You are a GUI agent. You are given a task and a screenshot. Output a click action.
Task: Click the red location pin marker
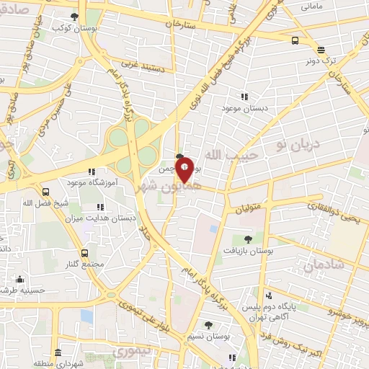tap(184, 169)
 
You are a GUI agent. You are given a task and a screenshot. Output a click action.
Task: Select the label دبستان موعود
tap(244, 107)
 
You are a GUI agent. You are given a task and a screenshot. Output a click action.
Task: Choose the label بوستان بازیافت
tap(248, 249)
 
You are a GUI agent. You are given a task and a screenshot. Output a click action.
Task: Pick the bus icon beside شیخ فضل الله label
tap(46, 192)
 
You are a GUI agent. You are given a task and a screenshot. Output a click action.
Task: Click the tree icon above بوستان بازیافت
tap(248, 239)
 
